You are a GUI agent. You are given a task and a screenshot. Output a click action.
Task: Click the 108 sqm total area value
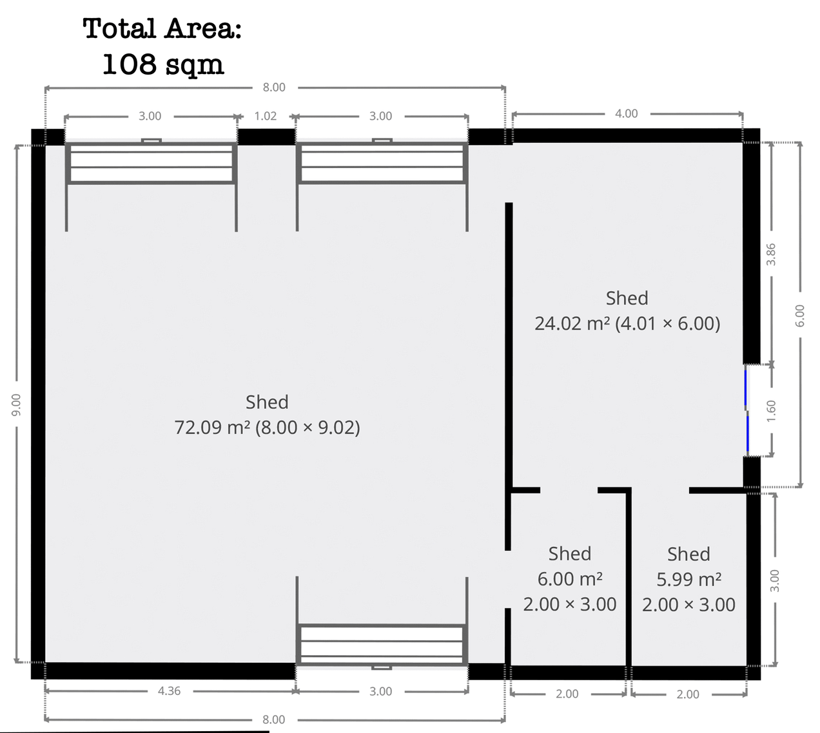(163, 64)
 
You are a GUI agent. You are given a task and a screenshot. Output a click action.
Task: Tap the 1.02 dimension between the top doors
(266, 116)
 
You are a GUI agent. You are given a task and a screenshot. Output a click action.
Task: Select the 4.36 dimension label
(169, 691)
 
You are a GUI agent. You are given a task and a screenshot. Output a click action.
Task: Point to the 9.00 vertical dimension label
(16, 405)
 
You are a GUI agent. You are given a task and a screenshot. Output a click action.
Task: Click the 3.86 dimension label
(771, 254)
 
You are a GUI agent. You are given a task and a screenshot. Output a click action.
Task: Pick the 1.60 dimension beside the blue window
(772, 410)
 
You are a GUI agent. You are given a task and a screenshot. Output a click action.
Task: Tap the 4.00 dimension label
(627, 113)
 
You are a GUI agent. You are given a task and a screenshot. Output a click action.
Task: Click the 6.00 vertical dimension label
(800, 316)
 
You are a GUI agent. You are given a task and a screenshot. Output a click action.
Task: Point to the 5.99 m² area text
(688, 579)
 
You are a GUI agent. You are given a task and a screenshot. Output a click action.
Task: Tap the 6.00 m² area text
(570, 579)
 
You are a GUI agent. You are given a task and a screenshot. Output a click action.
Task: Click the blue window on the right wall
(747, 410)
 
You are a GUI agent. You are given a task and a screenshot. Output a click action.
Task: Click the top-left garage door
(151, 162)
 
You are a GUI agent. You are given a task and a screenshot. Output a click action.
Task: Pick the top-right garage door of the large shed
(382, 162)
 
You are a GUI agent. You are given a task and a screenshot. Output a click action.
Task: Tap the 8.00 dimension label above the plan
(274, 88)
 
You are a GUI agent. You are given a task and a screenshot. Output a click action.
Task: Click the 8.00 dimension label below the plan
(274, 719)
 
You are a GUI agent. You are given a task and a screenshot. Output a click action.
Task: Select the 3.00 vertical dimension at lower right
(775, 581)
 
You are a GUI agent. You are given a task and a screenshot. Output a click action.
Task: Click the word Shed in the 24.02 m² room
(627, 298)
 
